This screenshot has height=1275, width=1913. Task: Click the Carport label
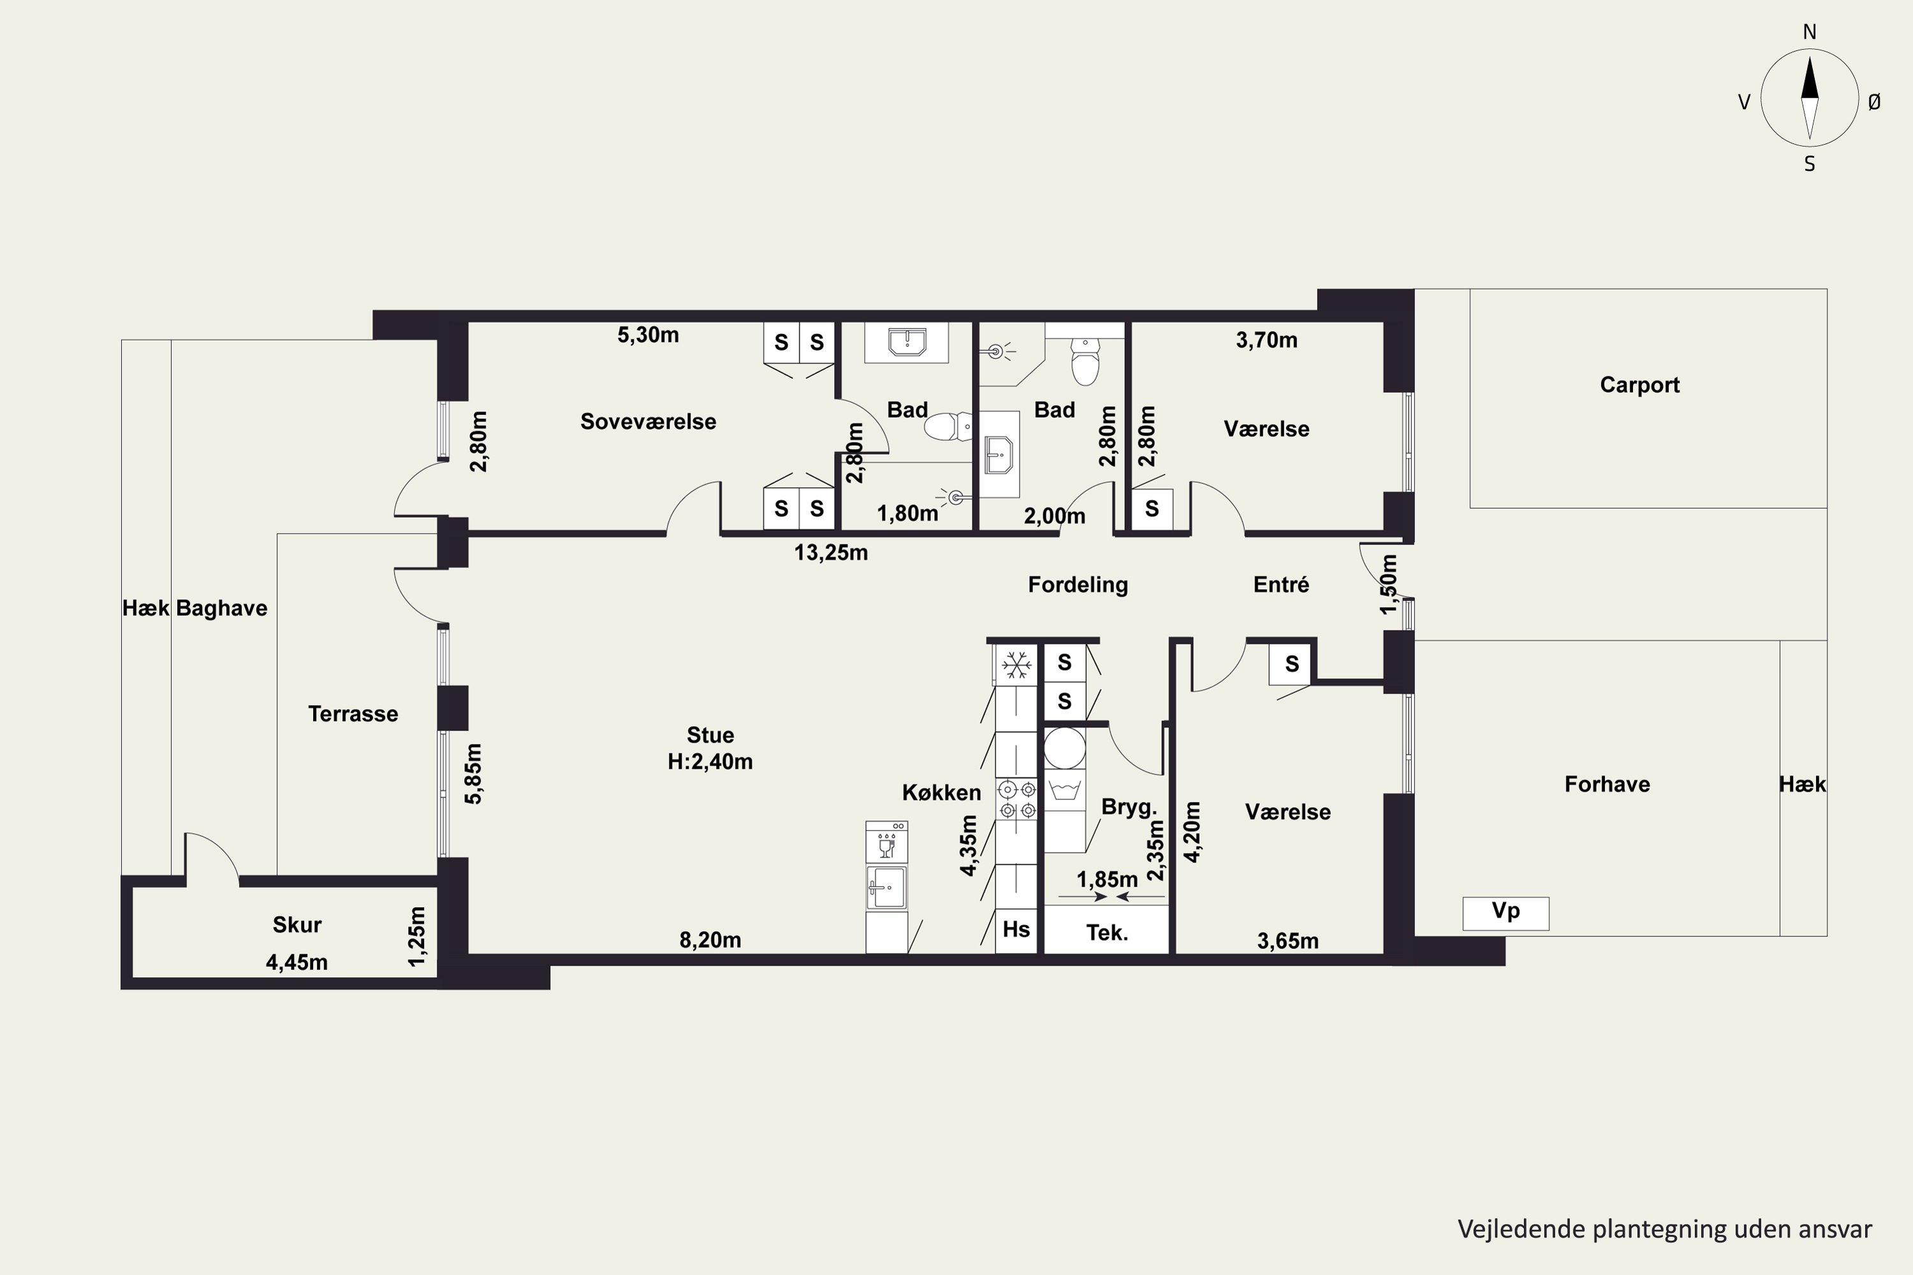coord(1639,384)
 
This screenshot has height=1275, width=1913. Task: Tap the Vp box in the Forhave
coord(1506,913)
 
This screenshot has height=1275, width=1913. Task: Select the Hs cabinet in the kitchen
coord(1016,929)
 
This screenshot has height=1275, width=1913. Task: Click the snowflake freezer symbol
coord(1016,665)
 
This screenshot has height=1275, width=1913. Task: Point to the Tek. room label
coord(1107,933)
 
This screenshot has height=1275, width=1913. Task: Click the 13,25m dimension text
coord(830,553)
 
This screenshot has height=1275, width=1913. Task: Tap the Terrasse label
coord(353,714)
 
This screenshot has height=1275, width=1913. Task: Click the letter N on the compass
coord(1810,32)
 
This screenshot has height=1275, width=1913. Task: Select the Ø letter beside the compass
coord(1874,101)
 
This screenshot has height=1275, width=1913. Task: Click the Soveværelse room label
coord(649,421)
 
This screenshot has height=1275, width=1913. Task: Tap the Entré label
coord(1281,585)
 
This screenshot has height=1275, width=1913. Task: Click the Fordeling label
coord(1078,585)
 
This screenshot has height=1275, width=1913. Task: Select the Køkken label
coord(941,793)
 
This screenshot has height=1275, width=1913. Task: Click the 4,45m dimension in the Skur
coord(297,963)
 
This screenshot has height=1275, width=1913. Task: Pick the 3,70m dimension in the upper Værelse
coord(1266,340)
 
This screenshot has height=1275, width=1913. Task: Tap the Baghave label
coord(221,608)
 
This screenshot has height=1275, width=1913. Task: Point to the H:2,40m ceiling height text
coord(710,762)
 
